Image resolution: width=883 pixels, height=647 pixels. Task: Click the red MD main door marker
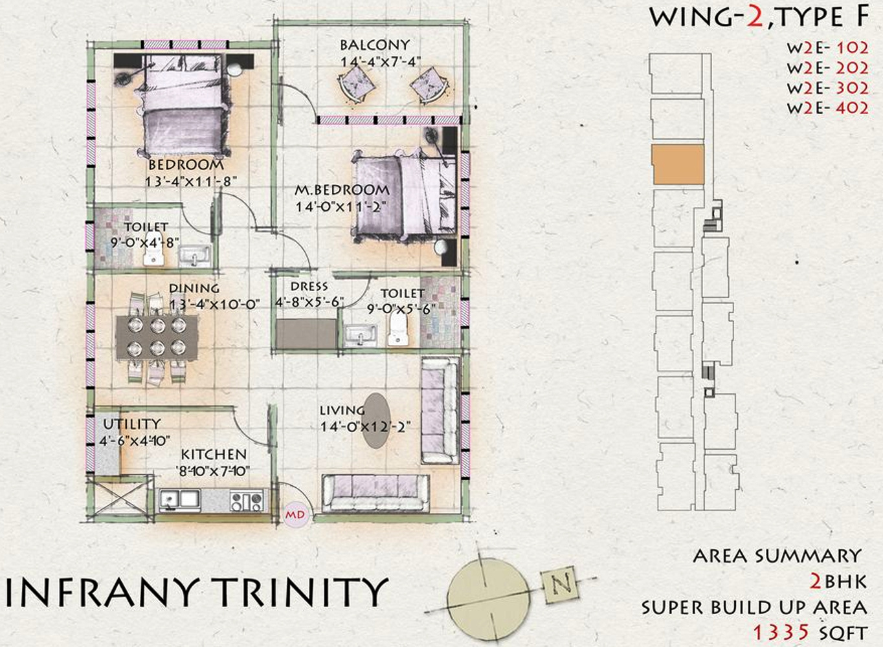coord(295,515)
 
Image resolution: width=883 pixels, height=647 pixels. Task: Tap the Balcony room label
coord(375,45)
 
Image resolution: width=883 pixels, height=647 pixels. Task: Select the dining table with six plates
coord(157,337)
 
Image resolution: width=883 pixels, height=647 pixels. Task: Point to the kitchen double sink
coord(180,500)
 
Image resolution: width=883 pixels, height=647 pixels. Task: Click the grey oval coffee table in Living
coord(377,421)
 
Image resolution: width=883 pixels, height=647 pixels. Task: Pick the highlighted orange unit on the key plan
coord(678,164)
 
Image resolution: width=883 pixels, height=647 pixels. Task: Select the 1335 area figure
coord(782,633)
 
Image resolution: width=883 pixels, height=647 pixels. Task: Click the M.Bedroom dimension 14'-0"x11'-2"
coord(341,207)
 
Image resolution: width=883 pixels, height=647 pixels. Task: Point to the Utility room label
coord(132,424)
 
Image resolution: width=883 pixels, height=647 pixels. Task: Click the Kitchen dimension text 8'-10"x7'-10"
coord(213,471)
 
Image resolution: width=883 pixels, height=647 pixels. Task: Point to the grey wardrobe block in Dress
coord(306,334)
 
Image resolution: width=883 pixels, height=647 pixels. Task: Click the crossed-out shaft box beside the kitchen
coord(120,498)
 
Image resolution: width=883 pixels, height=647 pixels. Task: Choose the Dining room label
coord(194,288)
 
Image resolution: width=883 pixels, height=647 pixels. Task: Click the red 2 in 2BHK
coord(816,582)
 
